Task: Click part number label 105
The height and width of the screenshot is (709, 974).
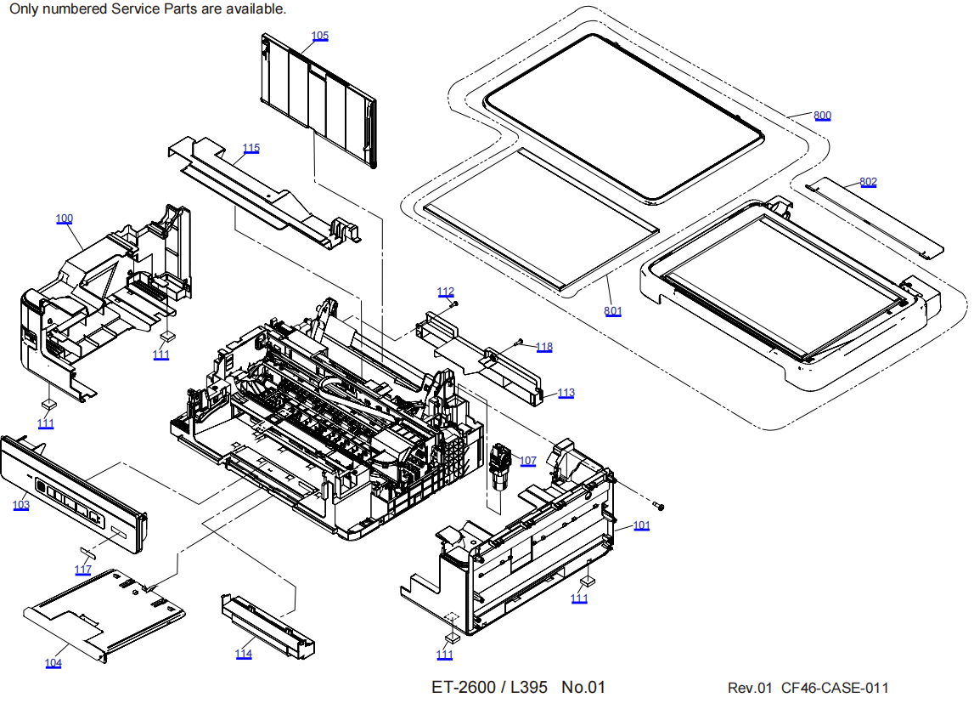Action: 320,36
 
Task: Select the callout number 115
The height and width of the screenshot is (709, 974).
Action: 251,148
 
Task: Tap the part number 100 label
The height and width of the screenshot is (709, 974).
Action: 65,218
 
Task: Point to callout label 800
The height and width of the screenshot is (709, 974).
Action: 822,116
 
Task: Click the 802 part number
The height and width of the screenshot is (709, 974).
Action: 868,182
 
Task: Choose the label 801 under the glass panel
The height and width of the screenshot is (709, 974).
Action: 612,311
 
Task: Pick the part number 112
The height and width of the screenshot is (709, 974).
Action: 446,292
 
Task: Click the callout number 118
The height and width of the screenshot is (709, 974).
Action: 543,347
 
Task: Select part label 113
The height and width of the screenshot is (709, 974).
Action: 566,393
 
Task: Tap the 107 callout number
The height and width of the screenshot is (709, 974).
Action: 528,461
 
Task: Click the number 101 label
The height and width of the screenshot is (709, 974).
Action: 641,525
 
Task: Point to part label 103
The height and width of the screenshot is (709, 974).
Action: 21,505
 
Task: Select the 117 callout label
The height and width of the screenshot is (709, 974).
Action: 83,570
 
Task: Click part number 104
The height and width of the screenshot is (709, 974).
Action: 53,663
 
